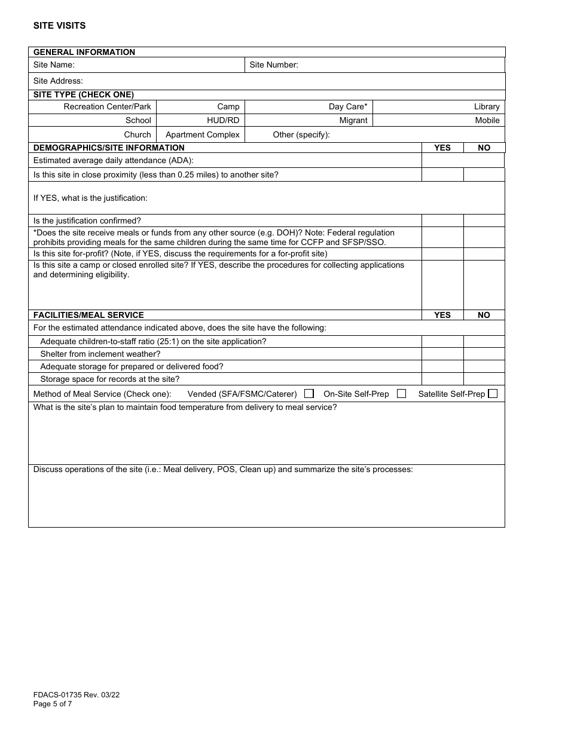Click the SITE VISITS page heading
pyautogui.click(x=59, y=26)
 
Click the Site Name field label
pyautogui.click(x=54, y=65)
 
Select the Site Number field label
pyautogui.click(x=273, y=65)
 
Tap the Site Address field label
pyautogui.click(x=58, y=81)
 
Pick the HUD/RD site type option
pyautogui.click(x=222, y=120)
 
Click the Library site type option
pyautogui.click(x=486, y=107)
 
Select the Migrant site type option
pyautogui.click(x=353, y=120)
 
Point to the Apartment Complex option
pyautogui.click(x=202, y=134)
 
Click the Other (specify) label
pyautogui.click(x=301, y=134)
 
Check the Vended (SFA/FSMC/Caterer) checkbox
pyautogui.click(x=309, y=394)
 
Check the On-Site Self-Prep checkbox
pyautogui.click(x=401, y=394)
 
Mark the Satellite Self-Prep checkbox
pyautogui.click(x=493, y=394)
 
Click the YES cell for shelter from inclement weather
pyautogui.click(x=442, y=354)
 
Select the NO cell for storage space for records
pyautogui.click(x=484, y=379)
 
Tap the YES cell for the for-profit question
pyautogui.click(x=442, y=254)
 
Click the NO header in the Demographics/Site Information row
pyautogui.click(x=484, y=148)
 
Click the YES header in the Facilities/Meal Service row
pyautogui.click(x=442, y=315)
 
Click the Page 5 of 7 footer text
pyautogui.click(x=53, y=704)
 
